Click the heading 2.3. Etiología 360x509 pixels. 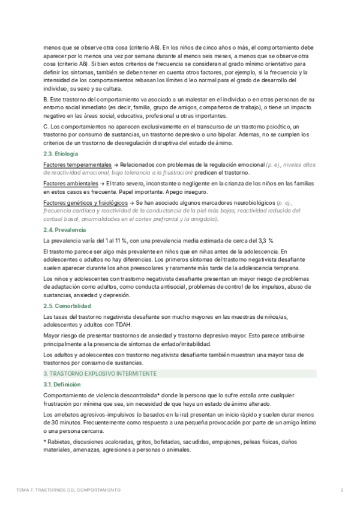pyautogui.click(x=61, y=154)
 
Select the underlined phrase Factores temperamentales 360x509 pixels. pyautogui.click(x=77, y=164)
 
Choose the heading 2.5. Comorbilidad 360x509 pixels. pyautogui.click(x=65, y=307)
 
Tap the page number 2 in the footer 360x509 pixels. pyautogui.click(x=341, y=490)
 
